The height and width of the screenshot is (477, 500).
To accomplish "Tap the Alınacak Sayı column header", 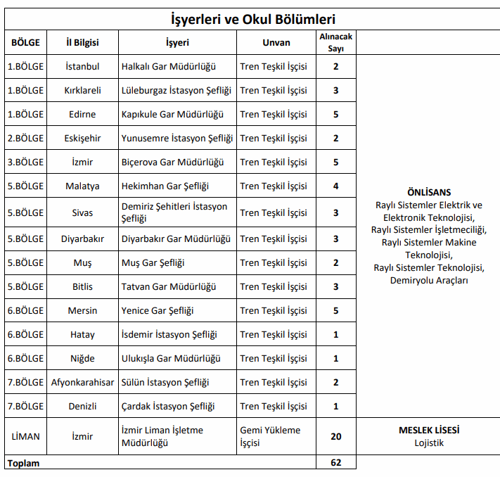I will click(336, 42).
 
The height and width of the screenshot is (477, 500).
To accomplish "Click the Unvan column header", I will click(276, 42).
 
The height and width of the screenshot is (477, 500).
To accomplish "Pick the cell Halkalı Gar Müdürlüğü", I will click(168, 67).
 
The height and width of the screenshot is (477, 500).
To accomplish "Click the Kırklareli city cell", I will click(82, 90).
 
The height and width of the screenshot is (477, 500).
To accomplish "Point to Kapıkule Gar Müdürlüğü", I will click(172, 114).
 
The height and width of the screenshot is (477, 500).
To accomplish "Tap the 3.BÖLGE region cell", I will click(25, 162).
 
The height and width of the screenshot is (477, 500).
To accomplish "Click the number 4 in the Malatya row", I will click(336, 186).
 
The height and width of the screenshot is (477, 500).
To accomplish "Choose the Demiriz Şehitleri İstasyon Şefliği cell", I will click(174, 212).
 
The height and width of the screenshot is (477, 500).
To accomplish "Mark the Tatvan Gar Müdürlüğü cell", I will click(169, 286).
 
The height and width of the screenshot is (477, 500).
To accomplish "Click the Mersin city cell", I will click(82, 310).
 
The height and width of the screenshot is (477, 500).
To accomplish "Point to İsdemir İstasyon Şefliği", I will click(169, 334).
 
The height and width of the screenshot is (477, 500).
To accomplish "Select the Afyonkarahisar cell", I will click(82, 382).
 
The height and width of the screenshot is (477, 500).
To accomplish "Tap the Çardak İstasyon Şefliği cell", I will click(168, 406).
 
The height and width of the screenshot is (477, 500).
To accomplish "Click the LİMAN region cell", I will click(25, 436).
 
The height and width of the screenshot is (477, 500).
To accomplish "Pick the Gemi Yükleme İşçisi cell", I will click(270, 436).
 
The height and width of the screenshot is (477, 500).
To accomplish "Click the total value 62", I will click(336, 463).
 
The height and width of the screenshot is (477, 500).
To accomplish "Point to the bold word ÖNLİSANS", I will click(429, 192).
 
